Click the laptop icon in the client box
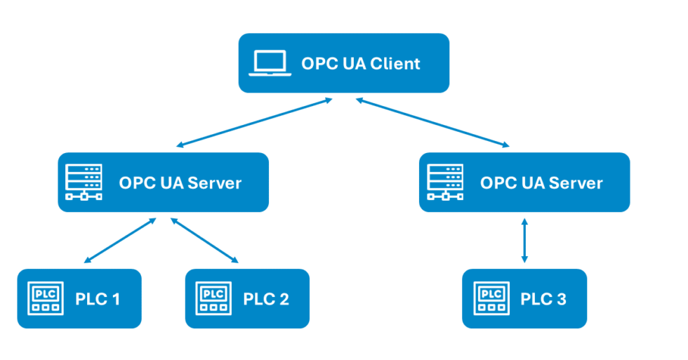270,63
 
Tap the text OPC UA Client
360,64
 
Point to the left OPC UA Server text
180,183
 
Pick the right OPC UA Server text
541,183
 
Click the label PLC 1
98,299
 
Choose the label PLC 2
266,299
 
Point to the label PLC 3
543,299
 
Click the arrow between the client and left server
254,123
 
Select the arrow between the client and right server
432,123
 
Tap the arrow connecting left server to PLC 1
120,240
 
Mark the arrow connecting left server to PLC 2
204,240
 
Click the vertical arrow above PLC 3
524,240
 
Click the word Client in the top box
394,64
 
